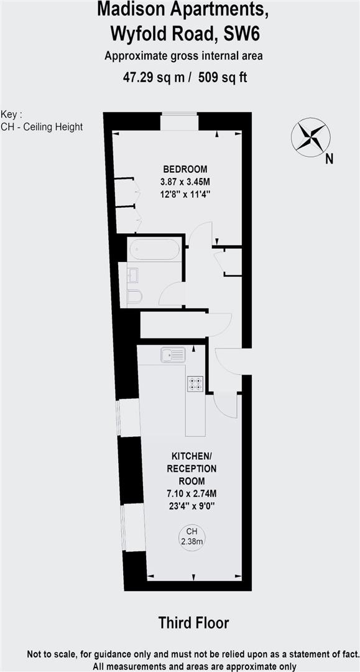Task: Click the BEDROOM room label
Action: click(x=185, y=169)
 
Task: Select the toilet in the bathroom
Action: click(x=134, y=297)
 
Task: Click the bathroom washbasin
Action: click(x=134, y=274)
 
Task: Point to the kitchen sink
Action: click(x=173, y=355)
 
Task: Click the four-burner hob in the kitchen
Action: click(x=195, y=385)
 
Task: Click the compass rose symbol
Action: click(x=310, y=136)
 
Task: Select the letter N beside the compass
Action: click(x=329, y=159)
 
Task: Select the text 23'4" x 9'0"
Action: click(x=192, y=506)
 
